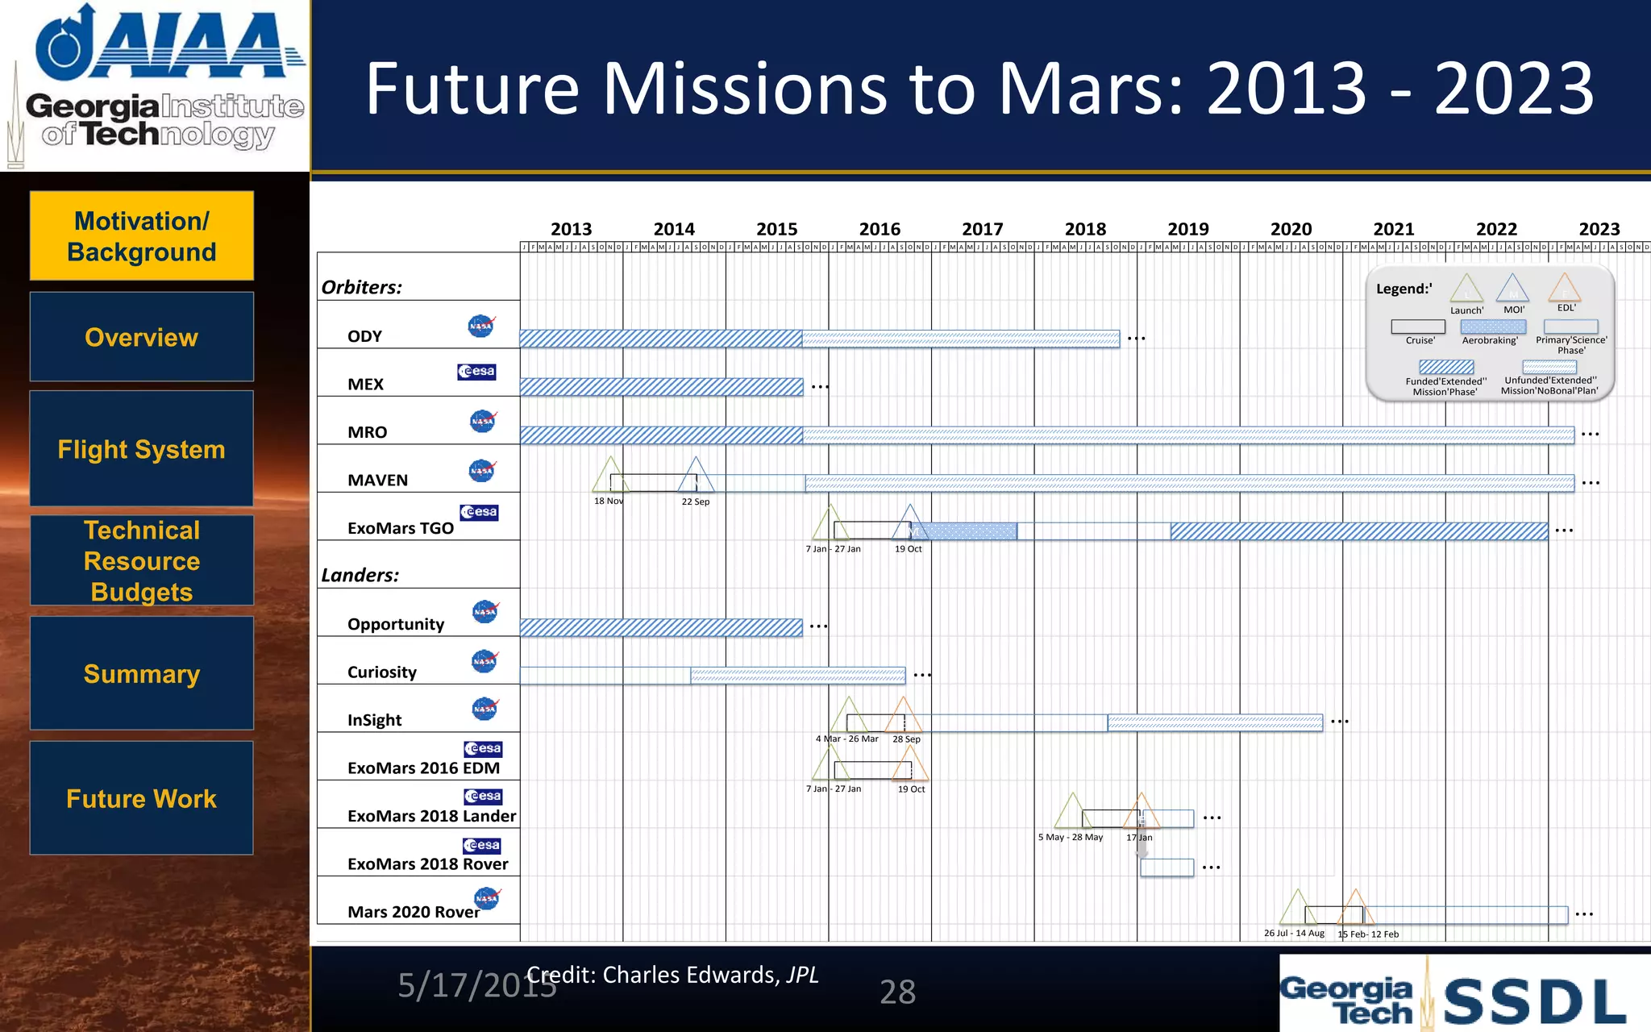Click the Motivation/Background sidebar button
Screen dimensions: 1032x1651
(x=142, y=236)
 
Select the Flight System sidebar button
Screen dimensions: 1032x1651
(x=142, y=449)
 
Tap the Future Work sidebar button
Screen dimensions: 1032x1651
(x=142, y=798)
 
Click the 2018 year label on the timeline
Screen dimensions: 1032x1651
(x=1085, y=229)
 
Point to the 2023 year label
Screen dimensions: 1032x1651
(x=1599, y=229)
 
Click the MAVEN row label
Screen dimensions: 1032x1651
(x=377, y=480)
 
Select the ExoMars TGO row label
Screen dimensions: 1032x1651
(x=401, y=528)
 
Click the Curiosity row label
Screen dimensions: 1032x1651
(x=382, y=672)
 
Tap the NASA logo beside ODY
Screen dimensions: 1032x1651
(x=481, y=326)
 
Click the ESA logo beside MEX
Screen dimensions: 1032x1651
(x=476, y=372)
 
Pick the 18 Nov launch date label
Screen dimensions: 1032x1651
(x=608, y=501)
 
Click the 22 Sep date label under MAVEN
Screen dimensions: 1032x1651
(x=695, y=501)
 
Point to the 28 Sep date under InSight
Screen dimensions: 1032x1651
(x=905, y=739)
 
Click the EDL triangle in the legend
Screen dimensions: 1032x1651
(x=1565, y=288)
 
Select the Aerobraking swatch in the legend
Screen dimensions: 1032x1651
(x=1493, y=327)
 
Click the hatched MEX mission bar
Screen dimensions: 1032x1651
(x=661, y=387)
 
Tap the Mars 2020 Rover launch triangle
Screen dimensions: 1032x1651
(x=1296, y=908)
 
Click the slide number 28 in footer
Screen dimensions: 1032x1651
(x=897, y=992)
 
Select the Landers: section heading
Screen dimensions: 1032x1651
(x=360, y=575)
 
